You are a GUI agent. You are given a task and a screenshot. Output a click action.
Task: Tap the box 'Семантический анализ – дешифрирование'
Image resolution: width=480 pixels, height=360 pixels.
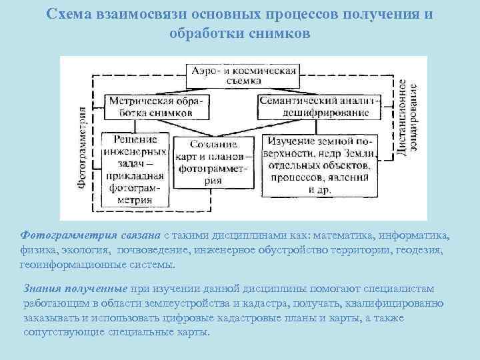[319, 107]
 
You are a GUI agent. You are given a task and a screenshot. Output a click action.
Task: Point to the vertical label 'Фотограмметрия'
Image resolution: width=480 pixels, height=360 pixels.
[83, 146]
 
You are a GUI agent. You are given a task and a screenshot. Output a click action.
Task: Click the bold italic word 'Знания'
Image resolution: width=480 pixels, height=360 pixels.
[42, 288]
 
